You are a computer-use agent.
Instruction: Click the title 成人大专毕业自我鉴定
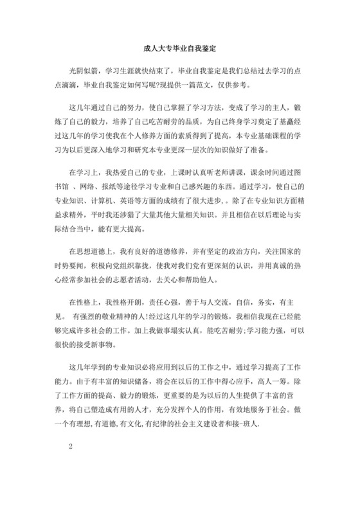[179, 48]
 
